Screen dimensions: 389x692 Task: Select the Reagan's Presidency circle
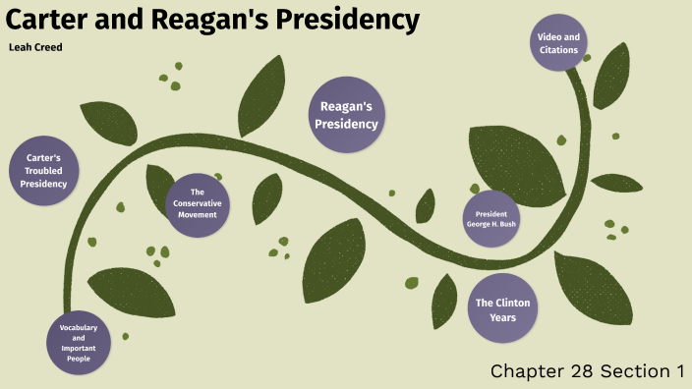pyautogui.click(x=346, y=115)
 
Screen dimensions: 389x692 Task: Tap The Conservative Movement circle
pyautogui.click(x=198, y=204)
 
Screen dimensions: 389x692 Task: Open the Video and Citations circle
pyautogui.click(x=558, y=43)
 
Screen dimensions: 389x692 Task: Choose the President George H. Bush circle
pyautogui.click(x=490, y=218)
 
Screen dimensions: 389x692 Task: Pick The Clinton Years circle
pyautogui.click(x=502, y=309)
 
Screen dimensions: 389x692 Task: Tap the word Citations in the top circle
pyautogui.click(x=558, y=50)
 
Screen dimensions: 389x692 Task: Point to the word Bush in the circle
pyautogui.click(x=507, y=224)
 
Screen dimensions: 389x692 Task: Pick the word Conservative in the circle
pyautogui.click(x=198, y=204)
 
